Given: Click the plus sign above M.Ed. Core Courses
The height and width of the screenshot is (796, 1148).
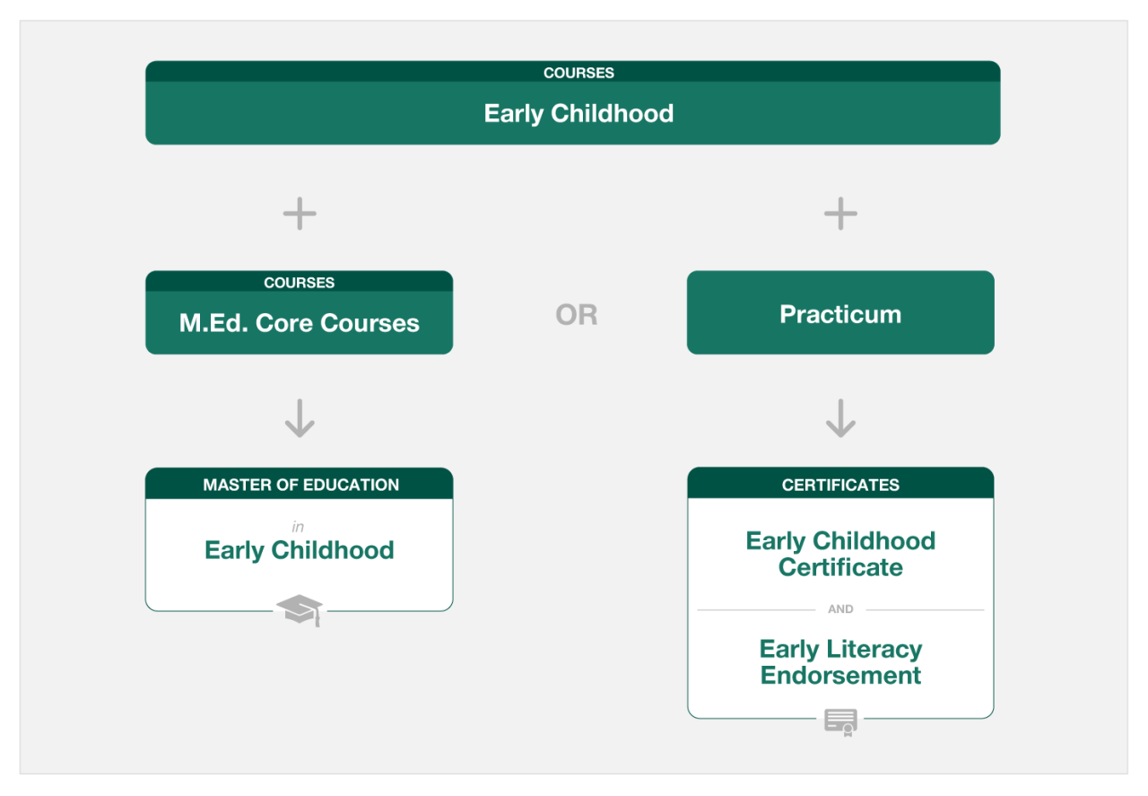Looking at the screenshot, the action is (300, 214).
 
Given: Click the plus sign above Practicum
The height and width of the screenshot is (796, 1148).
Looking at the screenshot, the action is (840, 214).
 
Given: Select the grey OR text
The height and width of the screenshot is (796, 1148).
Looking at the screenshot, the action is (577, 314).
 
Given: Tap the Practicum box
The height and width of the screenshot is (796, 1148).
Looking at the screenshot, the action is (840, 312).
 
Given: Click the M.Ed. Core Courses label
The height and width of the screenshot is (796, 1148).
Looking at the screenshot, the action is (300, 323).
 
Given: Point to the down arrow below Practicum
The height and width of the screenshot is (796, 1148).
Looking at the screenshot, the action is (840, 418).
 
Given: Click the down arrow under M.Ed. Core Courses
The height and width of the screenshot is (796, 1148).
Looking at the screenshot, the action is (300, 418).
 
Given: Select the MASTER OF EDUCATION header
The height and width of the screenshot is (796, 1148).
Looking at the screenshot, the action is (300, 485).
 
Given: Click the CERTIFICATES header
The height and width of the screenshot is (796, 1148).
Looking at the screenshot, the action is (840, 485).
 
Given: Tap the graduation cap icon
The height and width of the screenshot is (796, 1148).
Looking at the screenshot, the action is (300, 610).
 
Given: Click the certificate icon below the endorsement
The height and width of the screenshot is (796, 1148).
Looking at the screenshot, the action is (841, 722).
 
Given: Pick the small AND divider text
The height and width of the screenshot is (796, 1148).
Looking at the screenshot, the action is (840, 609).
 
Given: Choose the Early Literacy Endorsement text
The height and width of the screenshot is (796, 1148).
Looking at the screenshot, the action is (840, 661).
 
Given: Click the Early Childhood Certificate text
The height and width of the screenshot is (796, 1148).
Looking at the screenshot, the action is (840, 554).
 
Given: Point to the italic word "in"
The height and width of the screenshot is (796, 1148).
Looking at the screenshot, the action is (298, 527).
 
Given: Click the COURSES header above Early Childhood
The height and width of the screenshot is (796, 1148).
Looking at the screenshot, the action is (578, 73).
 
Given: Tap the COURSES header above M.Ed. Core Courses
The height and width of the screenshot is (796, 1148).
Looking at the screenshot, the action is (300, 283).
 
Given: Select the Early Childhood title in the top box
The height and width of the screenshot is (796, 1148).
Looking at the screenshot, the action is (578, 114).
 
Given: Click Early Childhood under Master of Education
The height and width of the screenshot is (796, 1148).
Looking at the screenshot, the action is (300, 551).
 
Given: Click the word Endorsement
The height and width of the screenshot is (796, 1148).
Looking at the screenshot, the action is (840, 675).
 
